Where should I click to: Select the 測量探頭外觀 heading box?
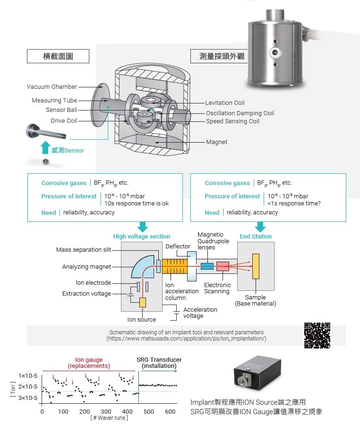(x=222, y=56)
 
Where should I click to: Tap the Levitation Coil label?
(x=225, y=102)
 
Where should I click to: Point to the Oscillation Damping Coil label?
(x=240, y=113)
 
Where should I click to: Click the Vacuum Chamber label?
(x=51, y=87)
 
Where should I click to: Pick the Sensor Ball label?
(x=61, y=110)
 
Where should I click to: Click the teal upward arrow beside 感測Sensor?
(x=45, y=147)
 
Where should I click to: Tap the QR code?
(x=317, y=335)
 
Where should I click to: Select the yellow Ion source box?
(x=142, y=303)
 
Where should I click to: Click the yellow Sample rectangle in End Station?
(x=256, y=266)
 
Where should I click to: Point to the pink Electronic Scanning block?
(x=223, y=266)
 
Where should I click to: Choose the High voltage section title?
(x=141, y=236)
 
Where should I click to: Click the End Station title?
(x=256, y=236)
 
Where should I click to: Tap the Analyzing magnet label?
(x=86, y=267)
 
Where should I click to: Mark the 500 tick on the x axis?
(x=149, y=412)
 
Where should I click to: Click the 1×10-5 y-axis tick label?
(x=28, y=376)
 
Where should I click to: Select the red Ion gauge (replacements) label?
(x=89, y=363)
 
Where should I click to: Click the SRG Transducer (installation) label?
(x=159, y=363)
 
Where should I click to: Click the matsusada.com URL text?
(x=186, y=339)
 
